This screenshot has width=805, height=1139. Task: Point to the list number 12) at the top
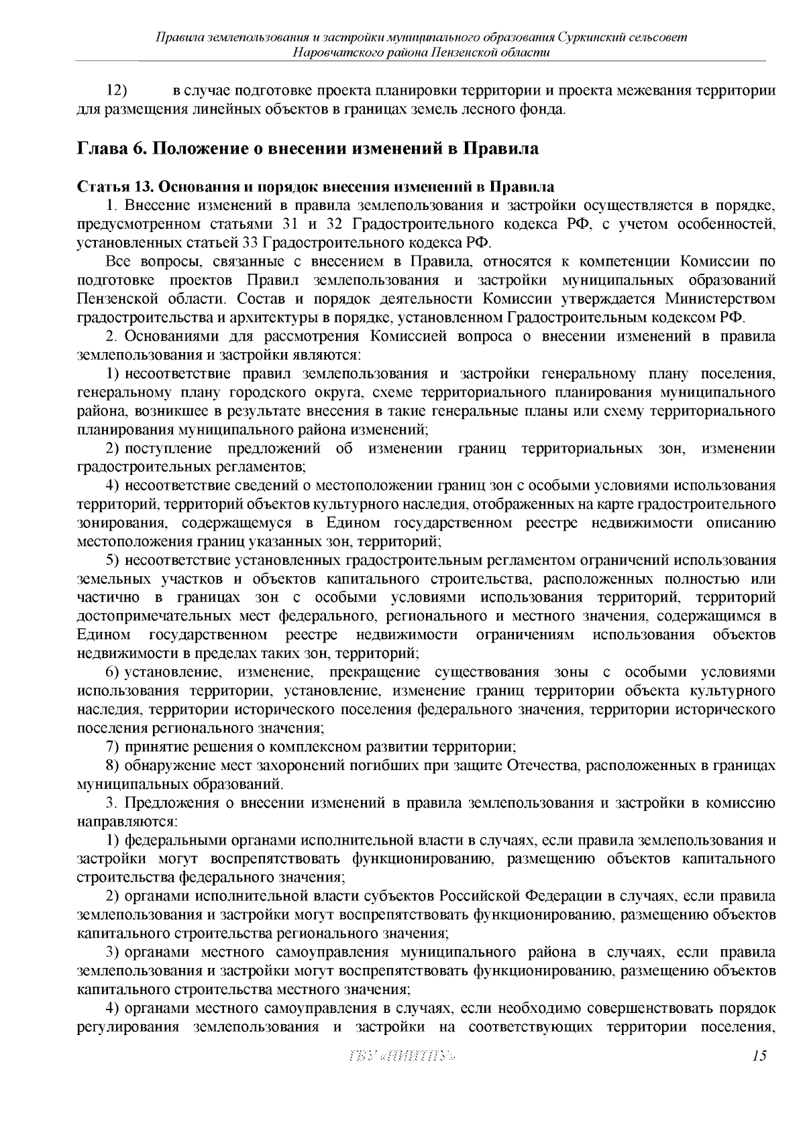[117, 91]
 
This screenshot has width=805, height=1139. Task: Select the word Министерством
[720, 298]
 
